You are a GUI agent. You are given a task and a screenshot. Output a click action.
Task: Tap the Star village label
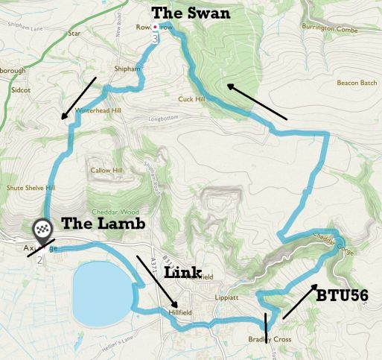pyautogui.click(x=73, y=54)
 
